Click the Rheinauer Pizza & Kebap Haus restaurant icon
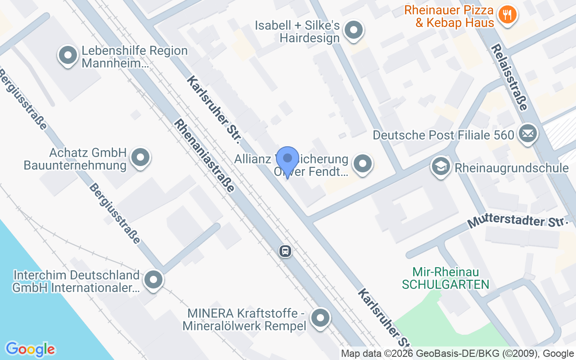(x=507, y=15)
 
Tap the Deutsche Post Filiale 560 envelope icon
(x=527, y=134)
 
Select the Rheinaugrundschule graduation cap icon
(x=441, y=166)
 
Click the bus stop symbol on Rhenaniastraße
(x=285, y=251)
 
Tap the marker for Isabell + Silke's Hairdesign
(x=353, y=31)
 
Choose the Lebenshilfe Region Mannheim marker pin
(x=68, y=56)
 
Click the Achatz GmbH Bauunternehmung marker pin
(x=140, y=157)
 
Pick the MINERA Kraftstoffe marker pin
(x=320, y=318)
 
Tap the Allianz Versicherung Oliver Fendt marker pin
(x=362, y=164)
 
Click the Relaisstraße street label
(x=509, y=77)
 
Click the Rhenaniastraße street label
(x=205, y=155)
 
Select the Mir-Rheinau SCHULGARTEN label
(x=445, y=278)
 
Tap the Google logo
(x=30, y=349)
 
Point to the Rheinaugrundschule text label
(x=512, y=168)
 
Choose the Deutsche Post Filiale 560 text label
(x=443, y=135)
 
